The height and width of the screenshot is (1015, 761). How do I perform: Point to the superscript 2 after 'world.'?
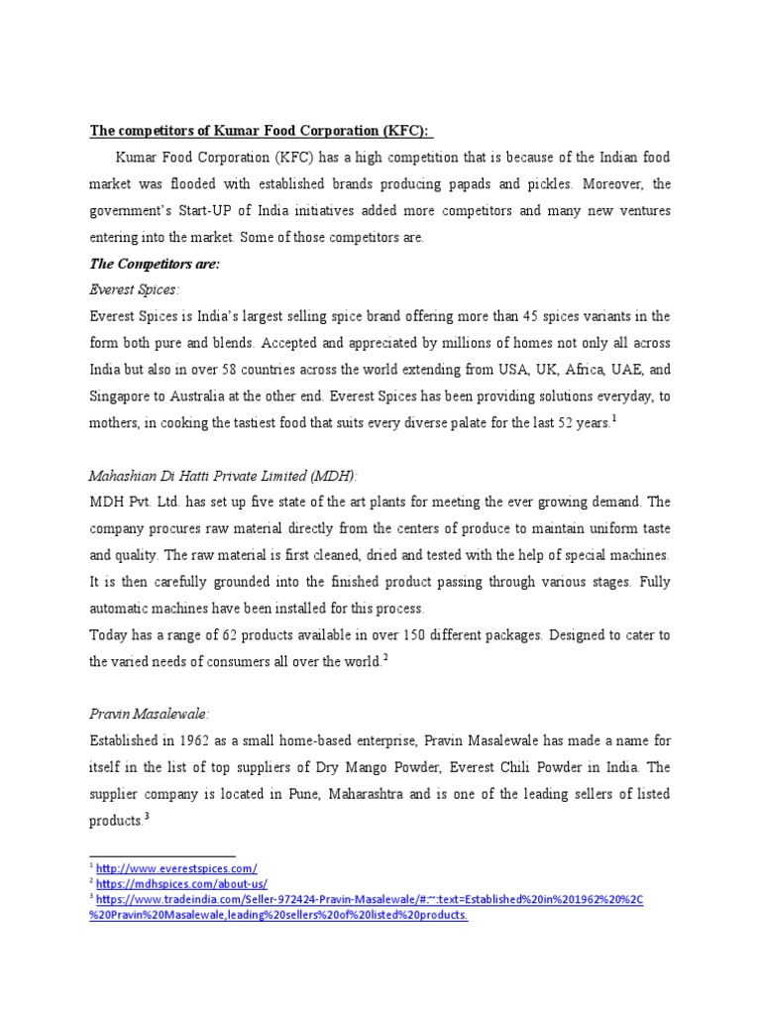(384, 657)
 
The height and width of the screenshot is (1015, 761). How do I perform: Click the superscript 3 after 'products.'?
(147, 815)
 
